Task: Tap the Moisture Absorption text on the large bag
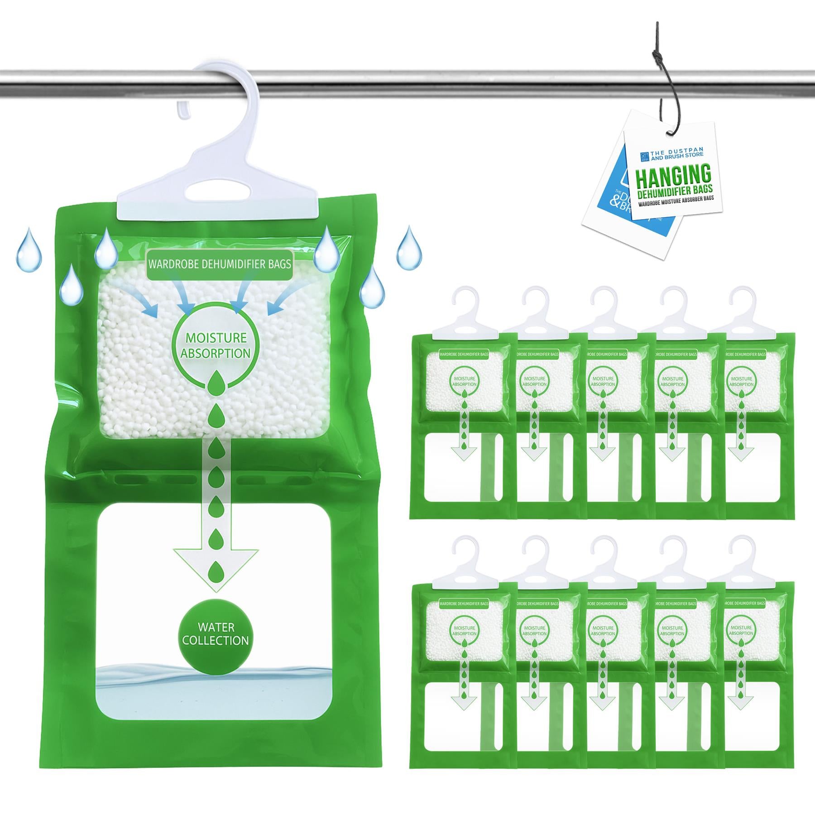216,345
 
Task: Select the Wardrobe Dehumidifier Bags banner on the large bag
219,264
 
